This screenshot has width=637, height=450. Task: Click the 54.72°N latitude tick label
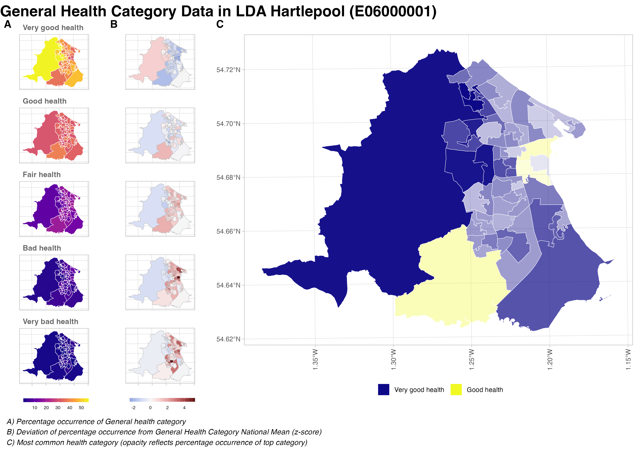[228, 70]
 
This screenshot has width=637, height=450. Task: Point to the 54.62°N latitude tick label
[228, 339]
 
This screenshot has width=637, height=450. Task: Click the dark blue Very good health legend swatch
[383, 390]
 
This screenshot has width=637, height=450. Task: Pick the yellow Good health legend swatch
[456, 390]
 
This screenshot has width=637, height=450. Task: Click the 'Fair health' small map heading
[42, 175]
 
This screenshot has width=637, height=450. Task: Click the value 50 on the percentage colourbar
[81, 408]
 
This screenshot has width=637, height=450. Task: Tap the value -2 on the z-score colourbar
[134, 408]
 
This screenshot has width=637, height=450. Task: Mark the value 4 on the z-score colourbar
[184, 408]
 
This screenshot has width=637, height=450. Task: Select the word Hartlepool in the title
[307, 12]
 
